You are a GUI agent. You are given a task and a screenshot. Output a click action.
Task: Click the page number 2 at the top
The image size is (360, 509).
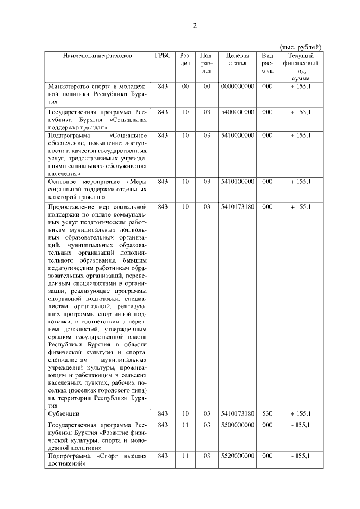pyautogui.click(x=195, y=26)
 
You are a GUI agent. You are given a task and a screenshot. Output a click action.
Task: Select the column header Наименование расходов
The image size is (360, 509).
pyautogui.click(x=97, y=56)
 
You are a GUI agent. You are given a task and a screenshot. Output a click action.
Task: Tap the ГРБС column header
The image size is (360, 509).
pyautogui.click(x=163, y=56)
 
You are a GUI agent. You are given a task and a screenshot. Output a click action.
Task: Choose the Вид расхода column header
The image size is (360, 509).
pyautogui.click(x=267, y=63)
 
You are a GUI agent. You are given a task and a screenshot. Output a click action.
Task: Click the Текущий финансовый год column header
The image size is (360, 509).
pyautogui.click(x=301, y=67)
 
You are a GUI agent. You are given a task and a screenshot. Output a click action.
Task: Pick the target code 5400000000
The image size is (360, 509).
pyautogui.click(x=237, y=112)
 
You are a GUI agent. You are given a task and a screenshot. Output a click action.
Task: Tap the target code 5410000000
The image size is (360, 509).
pyautogui.click(x=237, y=136)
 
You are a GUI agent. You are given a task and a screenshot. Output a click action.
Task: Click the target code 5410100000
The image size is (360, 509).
pyautogui.click(x=237, y=182)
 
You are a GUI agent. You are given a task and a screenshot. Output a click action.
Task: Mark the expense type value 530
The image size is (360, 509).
pyautogui.click(x=267, y=413)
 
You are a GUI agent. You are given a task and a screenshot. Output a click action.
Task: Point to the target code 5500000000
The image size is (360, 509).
pyautogui.click(x=237, y=425)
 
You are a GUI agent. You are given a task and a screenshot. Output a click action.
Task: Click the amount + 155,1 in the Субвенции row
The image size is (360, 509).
pyautogui.click(x=300, y=413)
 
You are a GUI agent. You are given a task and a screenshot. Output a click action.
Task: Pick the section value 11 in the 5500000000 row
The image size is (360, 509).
pyautogui.click(x=185, y=425)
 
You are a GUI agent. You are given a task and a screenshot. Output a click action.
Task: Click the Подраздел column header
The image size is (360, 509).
pyautogui.click(x=206, y=63)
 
